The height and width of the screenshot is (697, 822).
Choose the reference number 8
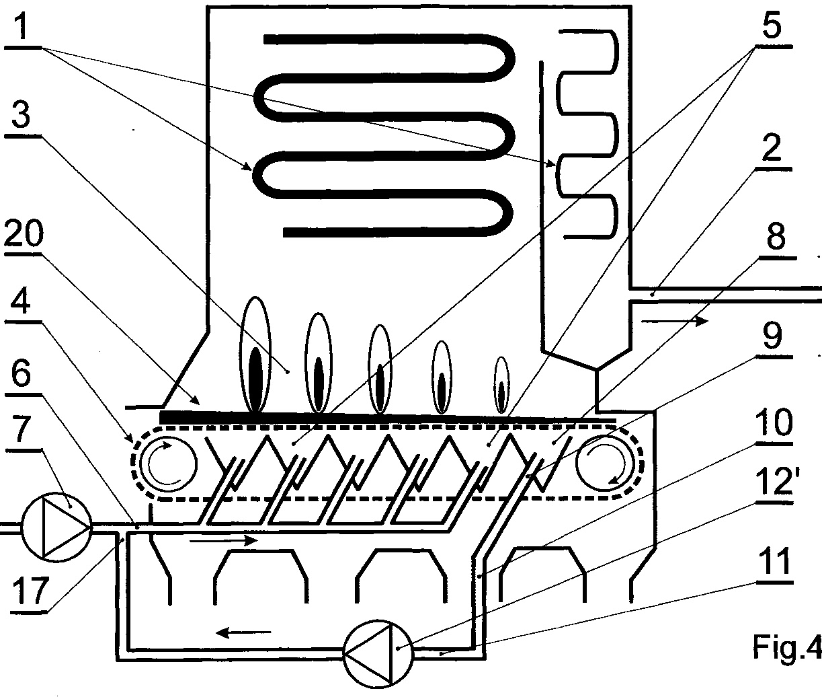tap(776, 237)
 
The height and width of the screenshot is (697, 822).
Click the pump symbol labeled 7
tap(56, 526)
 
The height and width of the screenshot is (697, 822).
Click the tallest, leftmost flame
tap(255, 355)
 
